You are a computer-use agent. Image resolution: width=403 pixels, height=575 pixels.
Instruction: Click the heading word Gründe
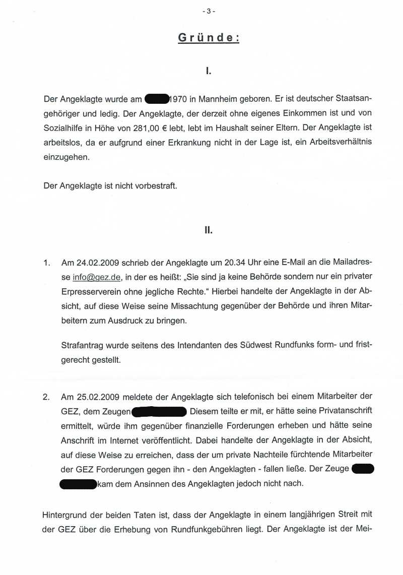[x=209, y=38]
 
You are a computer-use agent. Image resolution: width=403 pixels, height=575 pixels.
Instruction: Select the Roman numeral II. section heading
[x=209, y=230]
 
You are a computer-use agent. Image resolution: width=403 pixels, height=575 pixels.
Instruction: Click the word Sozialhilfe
[x=65, y=128]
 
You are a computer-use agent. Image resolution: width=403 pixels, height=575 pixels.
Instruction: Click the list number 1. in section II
[x=47, y=263]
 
